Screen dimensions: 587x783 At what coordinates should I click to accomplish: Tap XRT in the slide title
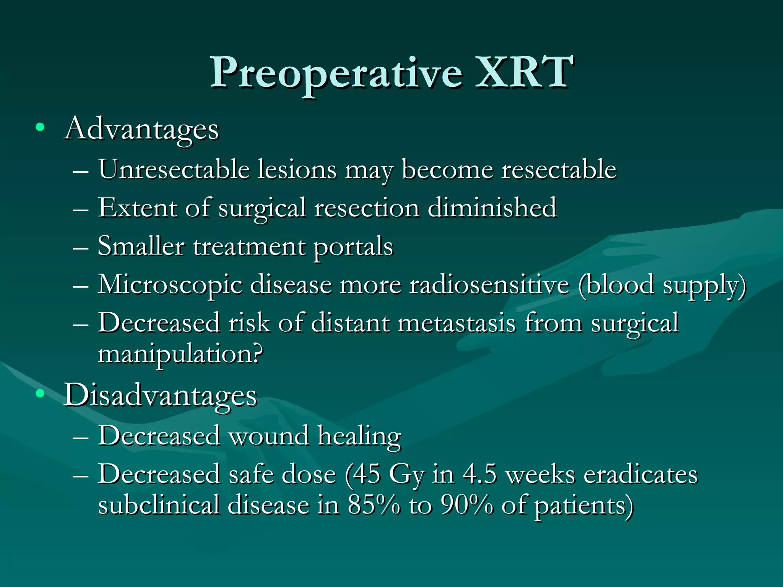[x=524, y=72]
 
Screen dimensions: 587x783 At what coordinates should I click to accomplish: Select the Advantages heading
[x=141, y=129]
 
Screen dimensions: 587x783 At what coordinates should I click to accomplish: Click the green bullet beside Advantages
[x=40, y=127]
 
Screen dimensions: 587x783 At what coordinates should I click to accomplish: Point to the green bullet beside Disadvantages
[x=40, y=393]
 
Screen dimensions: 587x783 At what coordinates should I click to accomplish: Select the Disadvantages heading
[x=160, y=396]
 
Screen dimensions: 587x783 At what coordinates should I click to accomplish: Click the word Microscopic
[x=170, y=285]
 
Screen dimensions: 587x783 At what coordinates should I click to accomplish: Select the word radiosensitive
[x=489, y=285]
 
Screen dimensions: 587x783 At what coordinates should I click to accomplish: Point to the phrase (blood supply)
[x=662, y=286]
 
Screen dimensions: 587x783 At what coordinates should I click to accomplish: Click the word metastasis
[x=456, y=323]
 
